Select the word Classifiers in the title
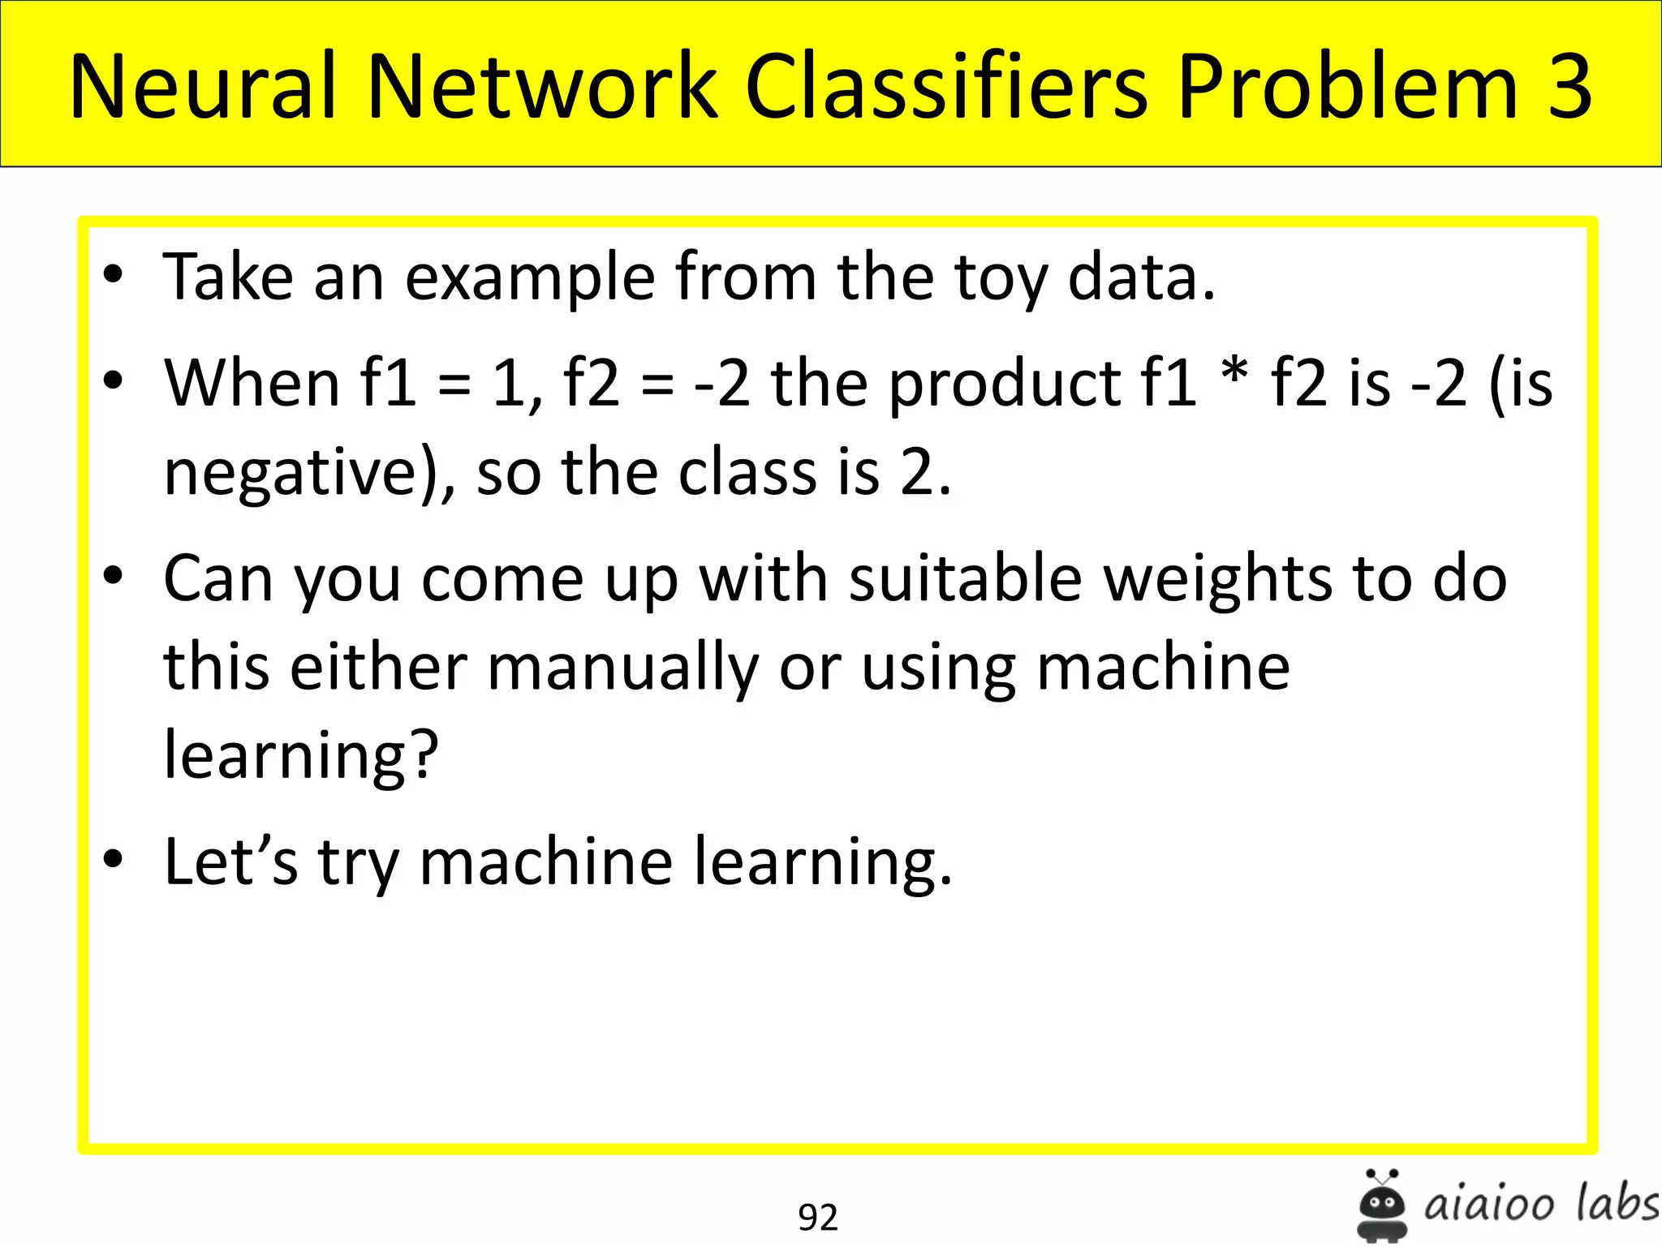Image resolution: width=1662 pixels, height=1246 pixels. [946, 86]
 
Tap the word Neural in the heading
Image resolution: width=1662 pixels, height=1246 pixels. [203, 86]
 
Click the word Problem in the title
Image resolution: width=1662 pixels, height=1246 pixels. [1347, 86]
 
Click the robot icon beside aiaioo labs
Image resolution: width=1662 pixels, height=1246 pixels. [1382, 1205]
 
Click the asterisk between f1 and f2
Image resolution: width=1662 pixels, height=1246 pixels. [1234, 374]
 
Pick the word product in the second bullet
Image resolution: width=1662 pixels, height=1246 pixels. [1003, 385]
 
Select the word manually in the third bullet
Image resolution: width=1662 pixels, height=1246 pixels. [622, 668]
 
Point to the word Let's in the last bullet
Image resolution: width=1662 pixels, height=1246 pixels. [231, 861]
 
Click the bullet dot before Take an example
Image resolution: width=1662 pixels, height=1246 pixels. [113, 274]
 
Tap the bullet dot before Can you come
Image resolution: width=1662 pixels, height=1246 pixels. [113, 576]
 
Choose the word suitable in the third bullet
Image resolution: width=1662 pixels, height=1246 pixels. [966, 579]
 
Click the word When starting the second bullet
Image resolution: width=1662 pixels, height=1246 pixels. [252, 383]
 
